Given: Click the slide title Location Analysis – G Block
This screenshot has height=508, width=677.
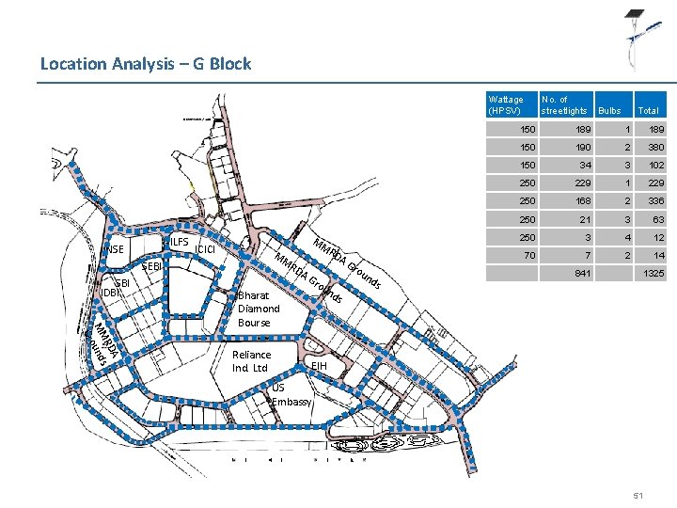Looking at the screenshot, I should tap(146, 64).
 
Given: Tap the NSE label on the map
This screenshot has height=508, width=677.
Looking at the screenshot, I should tap(114, 249).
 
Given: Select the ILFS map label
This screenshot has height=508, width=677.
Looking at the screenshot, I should tap(179, 243).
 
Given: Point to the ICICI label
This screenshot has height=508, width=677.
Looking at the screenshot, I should tap(206, 249).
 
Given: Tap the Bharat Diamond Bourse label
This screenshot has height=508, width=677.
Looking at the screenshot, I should tap(259, 309).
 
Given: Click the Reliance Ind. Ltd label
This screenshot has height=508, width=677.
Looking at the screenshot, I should tap(251, 361).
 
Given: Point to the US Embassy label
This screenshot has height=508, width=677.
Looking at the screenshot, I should tap(291, 395).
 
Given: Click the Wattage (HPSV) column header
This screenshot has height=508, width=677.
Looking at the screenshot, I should tap(506, 104).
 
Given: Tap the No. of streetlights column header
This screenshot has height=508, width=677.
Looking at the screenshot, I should tap(564, 104).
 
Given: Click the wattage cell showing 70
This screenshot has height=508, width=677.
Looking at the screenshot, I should tap(530, 254).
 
